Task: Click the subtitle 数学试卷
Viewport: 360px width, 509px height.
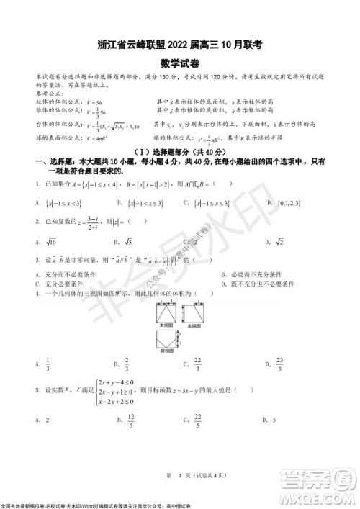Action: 179,63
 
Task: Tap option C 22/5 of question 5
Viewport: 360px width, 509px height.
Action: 217,420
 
